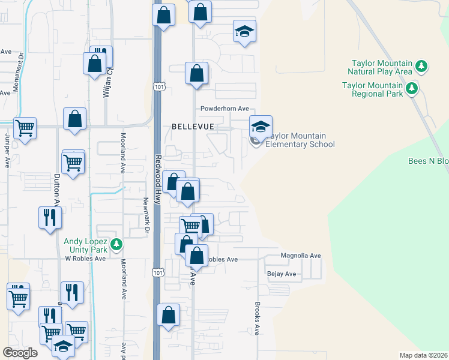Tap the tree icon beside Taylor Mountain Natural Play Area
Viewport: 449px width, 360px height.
pyautogui.click(x=421, y=66)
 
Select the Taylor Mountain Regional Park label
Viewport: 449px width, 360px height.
pyautogui.click(x=372, y=89)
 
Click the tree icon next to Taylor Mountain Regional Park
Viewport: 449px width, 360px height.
pyautogui.click(x=412, y=89)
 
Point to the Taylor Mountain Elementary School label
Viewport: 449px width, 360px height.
pyautogui.click(x=300, y=140)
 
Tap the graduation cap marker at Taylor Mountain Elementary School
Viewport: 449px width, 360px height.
pyautogui.click(x=261, y=127)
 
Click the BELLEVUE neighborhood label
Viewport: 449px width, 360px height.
pyautogui.click(x=193, y=127)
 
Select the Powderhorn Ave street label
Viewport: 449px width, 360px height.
pyautogui.click(x=224, y=109)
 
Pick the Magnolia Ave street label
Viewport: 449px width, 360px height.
pyautogui.click(x=301, y=256)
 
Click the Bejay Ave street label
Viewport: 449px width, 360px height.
pyautogui.click(x=282, y=274)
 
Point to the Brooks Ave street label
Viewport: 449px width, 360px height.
pyautogui.click(x=256, y=318)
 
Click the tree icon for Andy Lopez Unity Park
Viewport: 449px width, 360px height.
pyautogui.click(x=117, y=245)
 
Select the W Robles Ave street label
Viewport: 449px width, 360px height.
pyautogui.click(x=85, y=259)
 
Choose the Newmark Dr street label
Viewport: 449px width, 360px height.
pyautogui.click(x=146, y=212)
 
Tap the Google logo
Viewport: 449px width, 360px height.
pyautogui.click(x=20, y=352)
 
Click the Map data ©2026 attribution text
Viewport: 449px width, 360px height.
pyautogui.click(x=423, y=355)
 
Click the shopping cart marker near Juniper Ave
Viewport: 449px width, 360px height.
pyautogui.click(x=25, y=128)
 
